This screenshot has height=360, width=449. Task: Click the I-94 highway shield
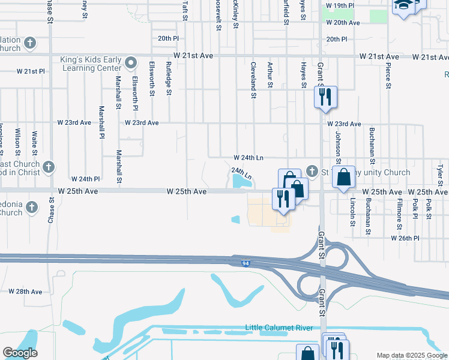tap(246, 263)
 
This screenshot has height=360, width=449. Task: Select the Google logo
tap(20, 353)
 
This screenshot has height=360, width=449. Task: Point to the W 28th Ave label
tap(26, 292)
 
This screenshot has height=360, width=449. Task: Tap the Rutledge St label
tap(169, 78)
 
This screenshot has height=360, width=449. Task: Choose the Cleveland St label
tap(254, 80)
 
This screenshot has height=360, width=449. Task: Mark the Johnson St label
tap(339, 148)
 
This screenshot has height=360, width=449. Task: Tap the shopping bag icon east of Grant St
tap(343, 177)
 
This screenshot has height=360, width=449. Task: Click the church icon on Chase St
tap(48, 167)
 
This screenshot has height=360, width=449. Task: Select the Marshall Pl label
tap(101, 122)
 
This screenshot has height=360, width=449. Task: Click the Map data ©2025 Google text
tap(411, 355)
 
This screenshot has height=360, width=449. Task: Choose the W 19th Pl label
tap(340, 5)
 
